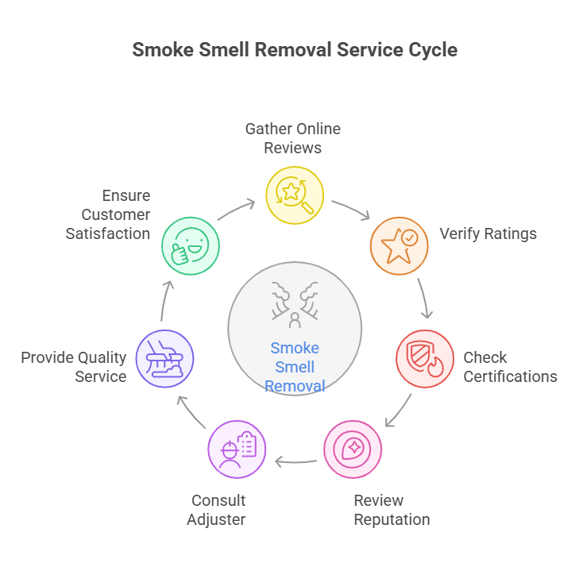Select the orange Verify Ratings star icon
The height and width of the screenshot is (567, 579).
[399, 245]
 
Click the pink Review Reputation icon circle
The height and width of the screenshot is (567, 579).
[353, 449]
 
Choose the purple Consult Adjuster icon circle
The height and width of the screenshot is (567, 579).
[237, 449]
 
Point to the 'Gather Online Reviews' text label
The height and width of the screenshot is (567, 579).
[292, 138]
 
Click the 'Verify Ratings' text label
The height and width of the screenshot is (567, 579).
[488, 234]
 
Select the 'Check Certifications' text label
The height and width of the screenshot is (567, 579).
[510, 367]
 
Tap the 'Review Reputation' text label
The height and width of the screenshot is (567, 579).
[392, 510]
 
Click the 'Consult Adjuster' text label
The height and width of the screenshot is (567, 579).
[218, 510]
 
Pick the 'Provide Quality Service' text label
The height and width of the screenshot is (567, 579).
[74, 367]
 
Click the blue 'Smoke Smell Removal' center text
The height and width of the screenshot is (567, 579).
[294, 367]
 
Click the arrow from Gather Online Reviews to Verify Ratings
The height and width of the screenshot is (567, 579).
[351, 210]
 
